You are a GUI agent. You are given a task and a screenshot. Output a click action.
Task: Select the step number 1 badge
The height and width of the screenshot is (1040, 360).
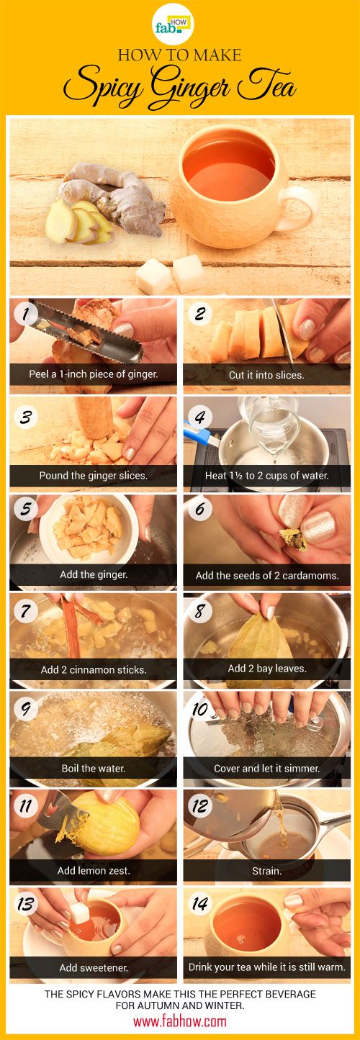(x=26, y=314)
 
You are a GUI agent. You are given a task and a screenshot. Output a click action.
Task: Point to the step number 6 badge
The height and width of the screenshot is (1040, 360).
(x=200, y=509)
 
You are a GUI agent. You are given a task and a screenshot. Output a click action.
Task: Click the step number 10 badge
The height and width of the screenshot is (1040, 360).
(x=200, y=710)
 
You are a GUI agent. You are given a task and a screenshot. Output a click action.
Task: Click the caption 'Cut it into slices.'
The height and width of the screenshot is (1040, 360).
(x=266, y=375)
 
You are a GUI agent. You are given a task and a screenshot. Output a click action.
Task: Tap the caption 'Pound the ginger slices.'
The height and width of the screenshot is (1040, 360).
(x=94, y=476)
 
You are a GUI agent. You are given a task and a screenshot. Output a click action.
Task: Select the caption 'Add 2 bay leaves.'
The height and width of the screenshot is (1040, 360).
(x=267, y=669)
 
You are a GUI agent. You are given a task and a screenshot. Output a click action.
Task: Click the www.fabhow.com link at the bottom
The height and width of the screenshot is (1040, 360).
(x=180, y=1021)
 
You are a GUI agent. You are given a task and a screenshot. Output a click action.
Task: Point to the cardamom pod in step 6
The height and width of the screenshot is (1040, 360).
(x=292, y=540)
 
